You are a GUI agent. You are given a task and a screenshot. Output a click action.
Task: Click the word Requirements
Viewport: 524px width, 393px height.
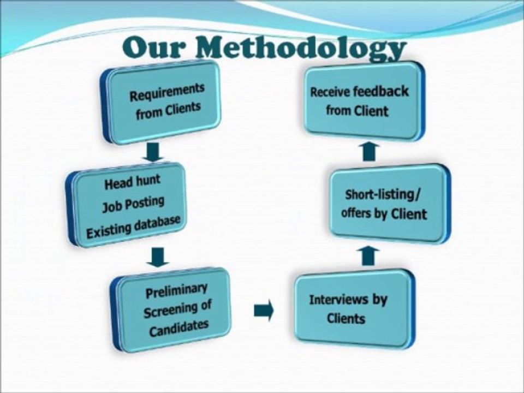[x=167, y=92]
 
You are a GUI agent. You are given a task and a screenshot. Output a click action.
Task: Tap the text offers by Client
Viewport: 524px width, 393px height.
[x=384, y=213]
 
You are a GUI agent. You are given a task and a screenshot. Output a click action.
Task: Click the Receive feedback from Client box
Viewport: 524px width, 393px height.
[x=364, y=100]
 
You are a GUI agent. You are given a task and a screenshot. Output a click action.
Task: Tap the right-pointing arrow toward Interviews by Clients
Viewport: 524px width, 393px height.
[x=264, y=311]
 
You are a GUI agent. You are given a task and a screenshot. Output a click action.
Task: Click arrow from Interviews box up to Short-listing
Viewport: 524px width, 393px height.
[x=370, y=255]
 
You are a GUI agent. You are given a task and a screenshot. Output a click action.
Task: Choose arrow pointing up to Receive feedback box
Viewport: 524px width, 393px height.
[x=370, y=151]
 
